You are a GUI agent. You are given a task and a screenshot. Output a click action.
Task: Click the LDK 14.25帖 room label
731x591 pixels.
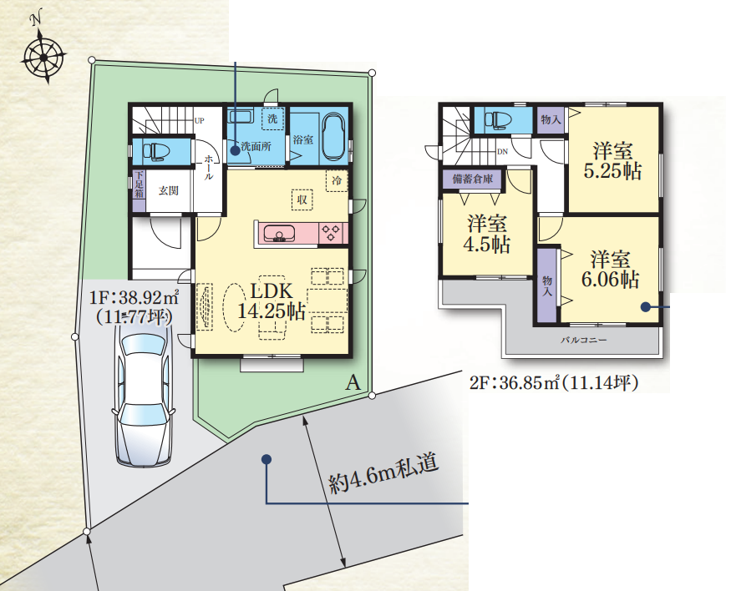point(272,301)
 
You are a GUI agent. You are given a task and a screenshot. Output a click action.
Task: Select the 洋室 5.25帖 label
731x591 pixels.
point(612,160)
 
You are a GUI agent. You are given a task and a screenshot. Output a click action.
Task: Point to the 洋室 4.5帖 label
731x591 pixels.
point(487,234)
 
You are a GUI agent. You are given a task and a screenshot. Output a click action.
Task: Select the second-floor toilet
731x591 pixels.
point(496,119)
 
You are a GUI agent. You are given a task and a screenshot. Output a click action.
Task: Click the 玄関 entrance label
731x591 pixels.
point(168,190)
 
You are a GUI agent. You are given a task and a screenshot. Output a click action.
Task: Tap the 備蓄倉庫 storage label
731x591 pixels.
point(472,179)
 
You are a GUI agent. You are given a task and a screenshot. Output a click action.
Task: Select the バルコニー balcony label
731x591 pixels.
point(583,340)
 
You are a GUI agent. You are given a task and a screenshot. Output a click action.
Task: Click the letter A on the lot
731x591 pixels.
point(353,383)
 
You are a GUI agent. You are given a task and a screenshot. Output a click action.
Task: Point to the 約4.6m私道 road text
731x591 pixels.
point(383,473)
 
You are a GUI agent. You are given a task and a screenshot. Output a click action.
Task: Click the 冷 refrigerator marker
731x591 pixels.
point(337,180)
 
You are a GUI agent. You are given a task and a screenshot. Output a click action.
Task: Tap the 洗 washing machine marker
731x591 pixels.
point(272,119)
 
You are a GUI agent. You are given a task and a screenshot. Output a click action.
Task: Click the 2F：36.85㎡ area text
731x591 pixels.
point(553,383)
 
